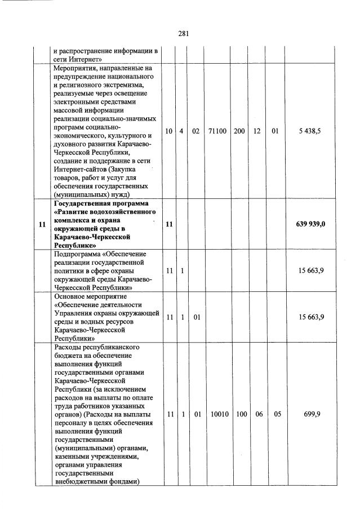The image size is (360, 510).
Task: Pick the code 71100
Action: coord(217,131)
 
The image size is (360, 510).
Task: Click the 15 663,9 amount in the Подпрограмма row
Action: coord(311,271)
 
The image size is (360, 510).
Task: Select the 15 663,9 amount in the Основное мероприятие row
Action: coord(311,317)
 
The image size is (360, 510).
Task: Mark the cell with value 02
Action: coord(197,131)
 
